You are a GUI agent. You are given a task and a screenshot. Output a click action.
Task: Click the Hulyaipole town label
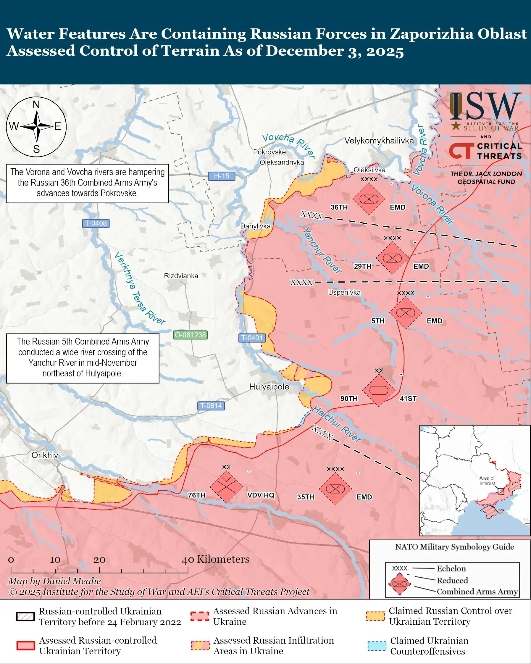[269, 387]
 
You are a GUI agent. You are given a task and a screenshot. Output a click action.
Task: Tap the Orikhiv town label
[45, 455]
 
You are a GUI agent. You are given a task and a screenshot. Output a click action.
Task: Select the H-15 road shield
[221, 176]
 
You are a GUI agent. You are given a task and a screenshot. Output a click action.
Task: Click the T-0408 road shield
[96, 223]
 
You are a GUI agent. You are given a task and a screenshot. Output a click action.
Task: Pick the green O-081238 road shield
[190, 335]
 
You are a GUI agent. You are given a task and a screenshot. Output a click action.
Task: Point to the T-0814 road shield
[211, 406]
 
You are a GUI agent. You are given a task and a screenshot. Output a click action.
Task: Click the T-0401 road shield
[252, 338]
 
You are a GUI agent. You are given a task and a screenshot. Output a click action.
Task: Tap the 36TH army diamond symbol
[369, 199]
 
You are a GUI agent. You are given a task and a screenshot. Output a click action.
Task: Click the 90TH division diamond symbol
[378, 390]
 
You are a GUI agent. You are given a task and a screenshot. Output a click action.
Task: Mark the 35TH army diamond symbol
[335, 489]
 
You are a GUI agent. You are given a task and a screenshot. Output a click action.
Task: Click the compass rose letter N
[36, 105]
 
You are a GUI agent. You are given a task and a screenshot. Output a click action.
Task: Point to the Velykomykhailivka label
[379, 141]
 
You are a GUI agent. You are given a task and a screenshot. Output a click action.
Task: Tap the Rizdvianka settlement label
[181, 276]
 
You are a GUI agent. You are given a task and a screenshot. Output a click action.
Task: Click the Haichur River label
[337, 424]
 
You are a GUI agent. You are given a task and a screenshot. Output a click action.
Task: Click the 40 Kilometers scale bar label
[215, 559]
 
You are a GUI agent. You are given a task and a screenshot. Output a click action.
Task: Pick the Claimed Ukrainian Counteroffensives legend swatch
[377, 646]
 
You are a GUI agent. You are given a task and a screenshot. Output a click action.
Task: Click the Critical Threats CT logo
[461, 151]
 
